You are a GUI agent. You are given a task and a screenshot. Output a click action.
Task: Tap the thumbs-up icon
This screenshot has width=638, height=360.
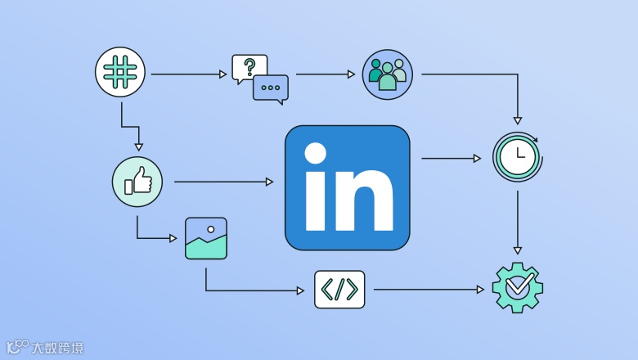coord(137,181)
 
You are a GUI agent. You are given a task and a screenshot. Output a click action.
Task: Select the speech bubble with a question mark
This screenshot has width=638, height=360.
coord(249,68)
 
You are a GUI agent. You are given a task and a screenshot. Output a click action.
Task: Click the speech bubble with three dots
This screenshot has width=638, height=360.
coord(271,88)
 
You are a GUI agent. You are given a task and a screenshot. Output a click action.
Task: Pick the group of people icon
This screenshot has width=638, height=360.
coord(387,74)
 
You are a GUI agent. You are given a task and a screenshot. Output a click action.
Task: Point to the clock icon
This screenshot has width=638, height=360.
coord(517,156)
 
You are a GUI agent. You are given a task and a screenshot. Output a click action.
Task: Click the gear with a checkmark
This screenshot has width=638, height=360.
coord(517,286)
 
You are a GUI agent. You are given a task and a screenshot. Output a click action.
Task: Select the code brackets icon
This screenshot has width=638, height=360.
coord(339,290)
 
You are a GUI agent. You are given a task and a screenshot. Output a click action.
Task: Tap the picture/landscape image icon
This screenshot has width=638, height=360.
coord(206,238)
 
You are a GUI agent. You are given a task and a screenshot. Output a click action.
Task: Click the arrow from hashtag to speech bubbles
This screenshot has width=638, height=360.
coord(188,74)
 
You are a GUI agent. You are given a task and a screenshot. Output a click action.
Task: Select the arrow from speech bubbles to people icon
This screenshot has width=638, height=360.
coord(326,74)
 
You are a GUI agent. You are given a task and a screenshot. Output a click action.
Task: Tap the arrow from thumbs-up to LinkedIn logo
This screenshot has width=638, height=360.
coord(223,182)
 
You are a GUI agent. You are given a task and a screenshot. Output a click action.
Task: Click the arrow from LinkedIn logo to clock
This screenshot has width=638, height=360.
coord(451,158)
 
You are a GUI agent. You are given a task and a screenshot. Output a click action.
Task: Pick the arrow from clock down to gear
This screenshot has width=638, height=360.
coord(517,222)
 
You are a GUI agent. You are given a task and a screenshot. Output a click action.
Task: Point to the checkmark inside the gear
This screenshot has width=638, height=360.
coord(518,286)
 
